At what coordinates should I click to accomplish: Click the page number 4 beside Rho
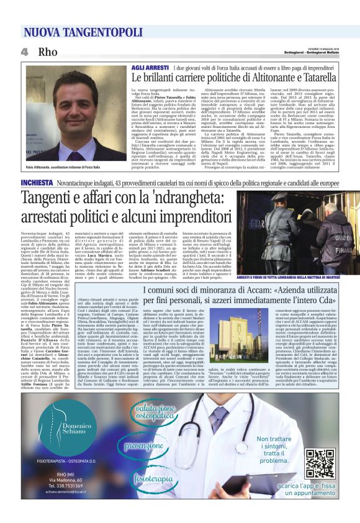pyautogui.click(x=24, y=51)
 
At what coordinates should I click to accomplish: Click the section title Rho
pyautogui.click(x=47, y=51)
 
